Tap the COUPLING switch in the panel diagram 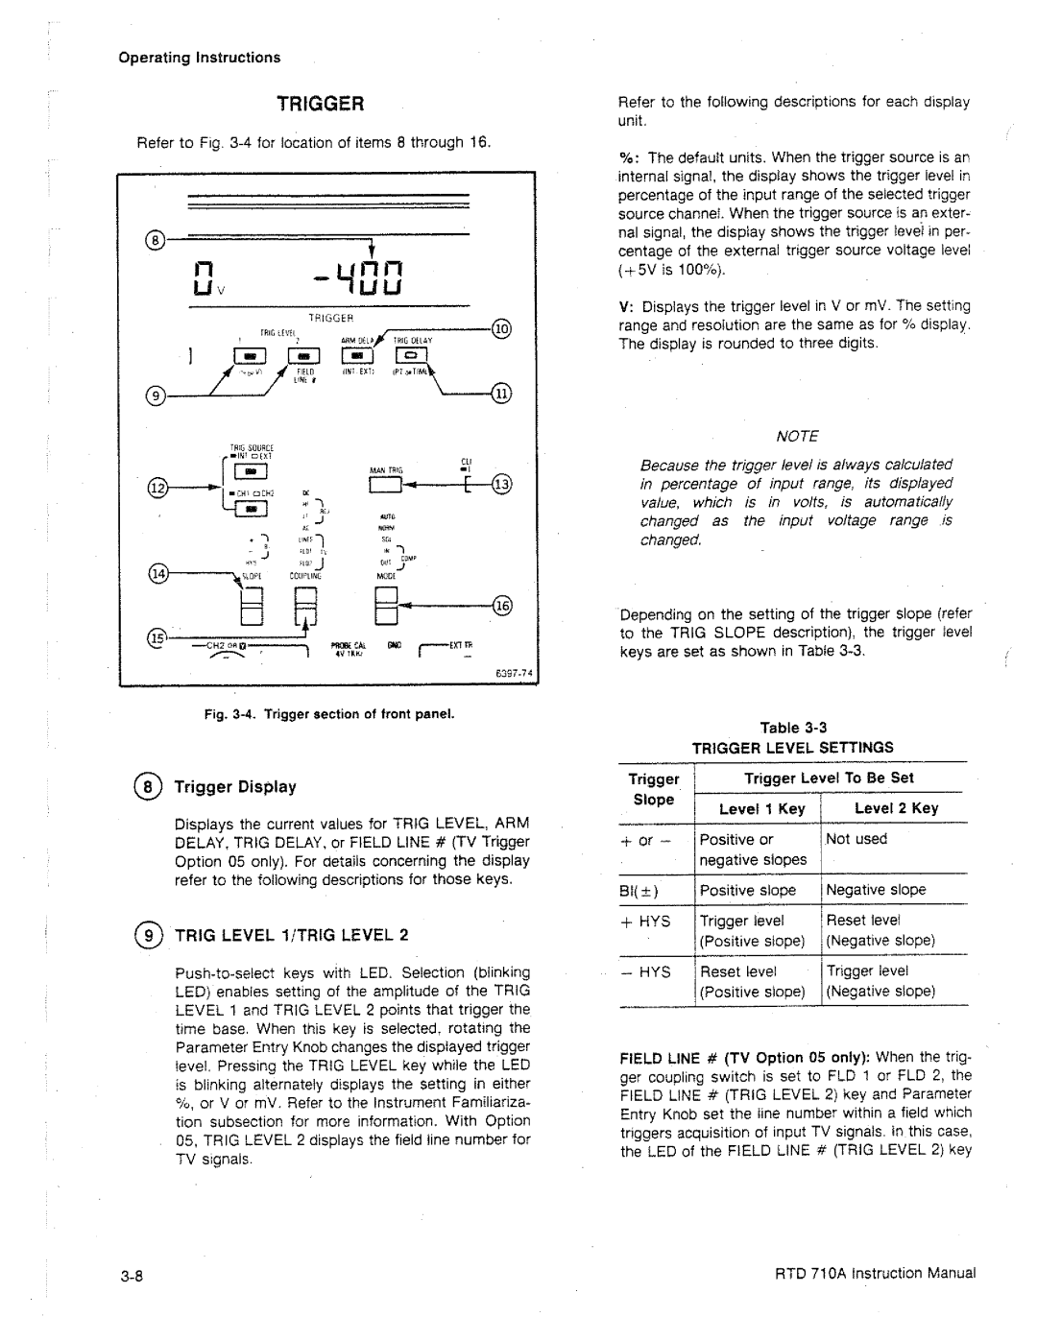(305, 608)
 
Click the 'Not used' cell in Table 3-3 (856, 839)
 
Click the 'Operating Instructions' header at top (200, 58)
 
